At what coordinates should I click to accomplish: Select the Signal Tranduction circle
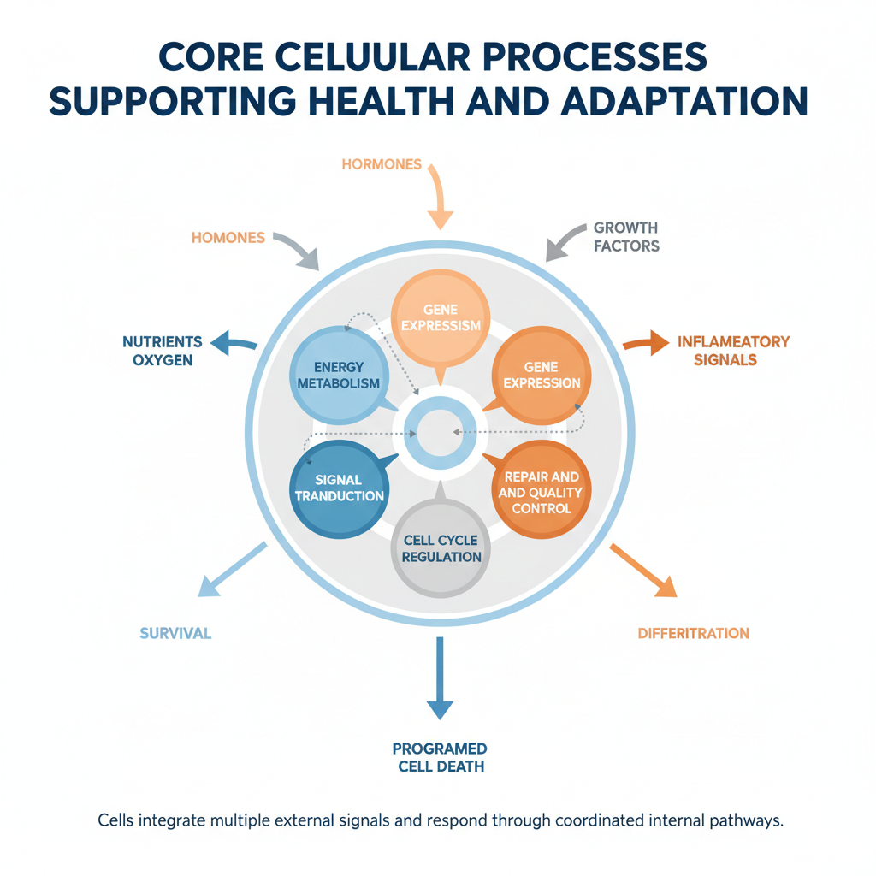click(339, 488)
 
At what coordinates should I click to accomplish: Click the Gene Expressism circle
click(440, 317)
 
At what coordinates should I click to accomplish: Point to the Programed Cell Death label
click(441, 757)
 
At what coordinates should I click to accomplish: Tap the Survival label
click(175, 634)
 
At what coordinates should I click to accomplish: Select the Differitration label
click(693, 634)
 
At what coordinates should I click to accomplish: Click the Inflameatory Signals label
click(733, 351)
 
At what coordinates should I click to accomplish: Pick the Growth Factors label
click(625, 237)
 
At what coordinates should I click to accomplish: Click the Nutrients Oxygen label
click(163, 351)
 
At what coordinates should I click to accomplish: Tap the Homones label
click(228, 238)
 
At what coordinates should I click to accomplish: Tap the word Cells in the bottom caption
click(115, 820)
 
